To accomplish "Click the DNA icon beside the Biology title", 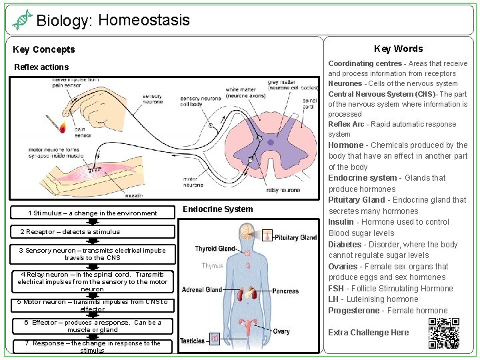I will point(22,20).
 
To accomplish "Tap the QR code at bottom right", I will point(443,333).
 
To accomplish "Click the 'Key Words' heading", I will point(398,48).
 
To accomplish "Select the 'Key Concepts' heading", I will point(44,49).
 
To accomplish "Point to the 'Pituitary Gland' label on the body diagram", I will point(295,237).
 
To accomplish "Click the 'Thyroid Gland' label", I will point(215,249).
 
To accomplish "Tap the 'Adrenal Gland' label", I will point(202,290).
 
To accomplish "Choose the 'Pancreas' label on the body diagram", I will point(285,291).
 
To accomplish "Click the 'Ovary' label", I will point(281,331).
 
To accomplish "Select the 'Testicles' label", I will point(193,341).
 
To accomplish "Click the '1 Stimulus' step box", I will point(93,213).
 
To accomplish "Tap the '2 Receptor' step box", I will point(93,232).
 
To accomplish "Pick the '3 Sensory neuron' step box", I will point(93,254).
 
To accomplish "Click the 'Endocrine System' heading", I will point(218,209).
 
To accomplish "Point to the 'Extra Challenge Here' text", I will point(368,333).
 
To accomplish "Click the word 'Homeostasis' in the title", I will point(143,20).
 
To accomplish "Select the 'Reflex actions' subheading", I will point(41,67).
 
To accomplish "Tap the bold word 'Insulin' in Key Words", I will point(341,222).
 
